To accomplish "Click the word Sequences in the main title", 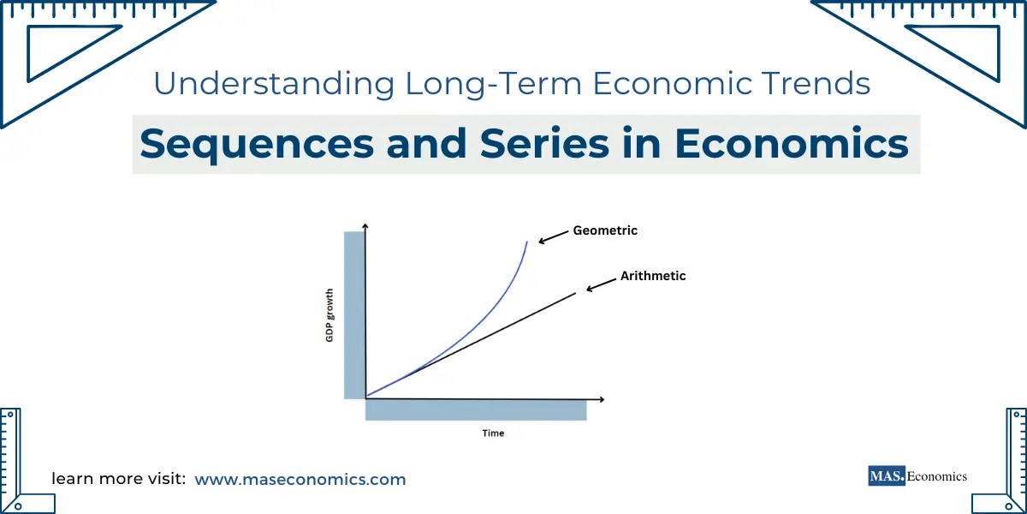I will tap(257, 144).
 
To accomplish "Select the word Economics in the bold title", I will tap(791, 144).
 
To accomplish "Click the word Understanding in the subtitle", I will tap(274, 84).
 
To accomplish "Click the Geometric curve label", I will tap(605, 230).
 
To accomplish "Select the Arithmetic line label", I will tap(653, 277).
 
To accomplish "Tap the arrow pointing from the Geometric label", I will tap(553, 237).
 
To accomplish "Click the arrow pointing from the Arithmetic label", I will tap(601, 284).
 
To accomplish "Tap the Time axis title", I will tap(493, 433).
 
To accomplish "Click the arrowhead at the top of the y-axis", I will tap(365, 225).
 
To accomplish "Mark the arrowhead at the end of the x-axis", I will tap(602, 399).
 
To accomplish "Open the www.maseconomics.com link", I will tap(300, 479).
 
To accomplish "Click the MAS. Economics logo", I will tap(917, 476).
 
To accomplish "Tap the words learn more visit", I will tap(119, 479).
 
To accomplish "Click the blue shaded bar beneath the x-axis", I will tap(476, 411).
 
